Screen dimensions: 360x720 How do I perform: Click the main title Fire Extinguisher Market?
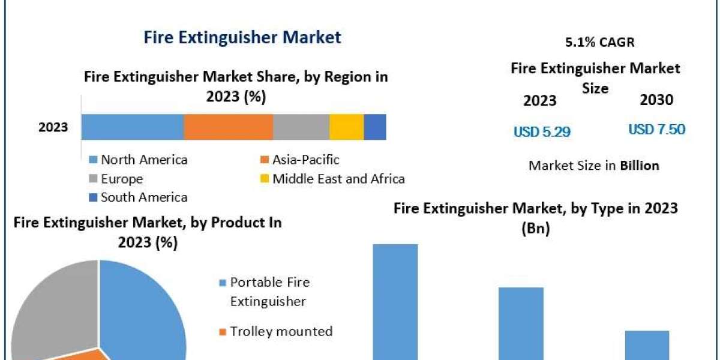pos(242,37)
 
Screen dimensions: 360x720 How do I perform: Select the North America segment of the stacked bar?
pos(133,127)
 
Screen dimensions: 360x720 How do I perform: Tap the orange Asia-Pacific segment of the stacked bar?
pos(228,127)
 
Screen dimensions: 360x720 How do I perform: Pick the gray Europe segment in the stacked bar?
pos(301,127)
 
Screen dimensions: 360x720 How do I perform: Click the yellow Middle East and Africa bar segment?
pos(347,127)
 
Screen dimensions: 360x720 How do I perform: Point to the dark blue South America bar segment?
pos(375,127)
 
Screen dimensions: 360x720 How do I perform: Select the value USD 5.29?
pos(542,131)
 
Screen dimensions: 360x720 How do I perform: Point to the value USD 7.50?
pos(656,130)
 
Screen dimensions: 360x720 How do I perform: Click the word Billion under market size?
pos(640,166)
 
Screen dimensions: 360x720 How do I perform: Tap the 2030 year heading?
pos(656,100)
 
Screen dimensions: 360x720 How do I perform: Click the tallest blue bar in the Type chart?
pos(395,300)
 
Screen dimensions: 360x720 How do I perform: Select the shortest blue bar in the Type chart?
pos(647,344)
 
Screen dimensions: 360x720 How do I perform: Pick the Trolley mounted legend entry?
pos(281,331)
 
